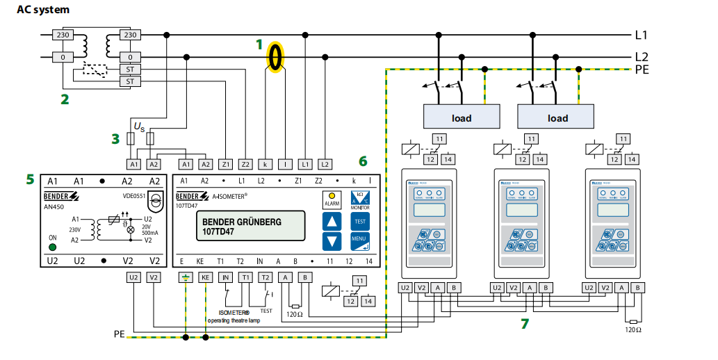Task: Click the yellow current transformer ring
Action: click(x=277, y=56)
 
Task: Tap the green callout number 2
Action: click(x=65, y=99)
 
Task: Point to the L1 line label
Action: click(x=642, y=34)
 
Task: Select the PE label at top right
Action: click(x=644, y=69)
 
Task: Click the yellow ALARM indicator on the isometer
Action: click(x=332, y=198)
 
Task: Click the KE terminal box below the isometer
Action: click(x=205, y=277)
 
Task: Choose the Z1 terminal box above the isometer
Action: click(x=225, y=164)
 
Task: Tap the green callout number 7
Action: click(x=525, y=323)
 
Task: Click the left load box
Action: click(x=462, y=117)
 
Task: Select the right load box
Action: click(x=557, y=117)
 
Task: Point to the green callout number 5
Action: click(x=30, y=179)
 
